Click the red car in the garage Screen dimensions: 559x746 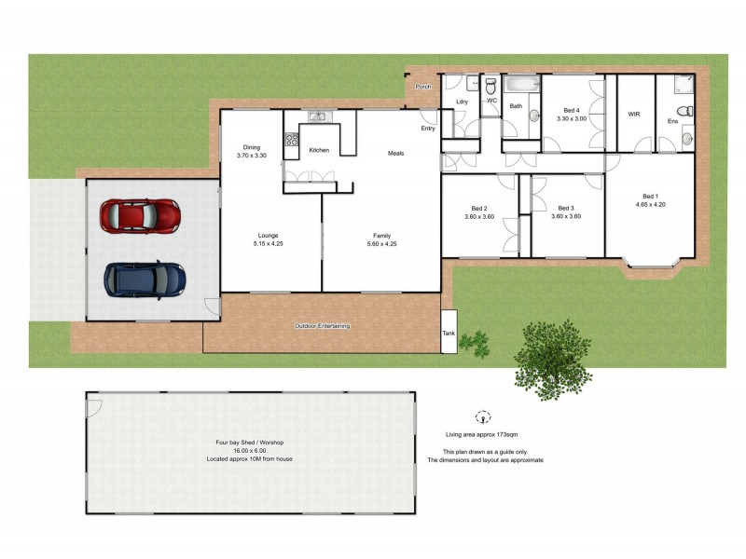(x=140, y=215)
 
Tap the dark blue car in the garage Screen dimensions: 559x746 (x=145, y=278)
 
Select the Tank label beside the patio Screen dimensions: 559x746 (x=449, y=333)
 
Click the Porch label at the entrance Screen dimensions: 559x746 (x=423, y=87)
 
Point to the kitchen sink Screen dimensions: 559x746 (x=320, y=116)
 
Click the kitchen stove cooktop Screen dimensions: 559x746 (x=291, y=141)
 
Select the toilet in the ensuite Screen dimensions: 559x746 (x=685, y=112)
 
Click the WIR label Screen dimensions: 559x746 (x=634, y=115)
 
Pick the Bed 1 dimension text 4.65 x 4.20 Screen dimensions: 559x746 (x=649, y=204)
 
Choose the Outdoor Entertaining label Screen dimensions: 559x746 (x=322, y=326)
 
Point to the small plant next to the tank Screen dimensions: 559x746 (x=475, y=343)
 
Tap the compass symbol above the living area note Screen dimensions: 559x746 (x=482, y=416)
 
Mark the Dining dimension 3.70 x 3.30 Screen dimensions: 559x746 (x=252, y=156)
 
